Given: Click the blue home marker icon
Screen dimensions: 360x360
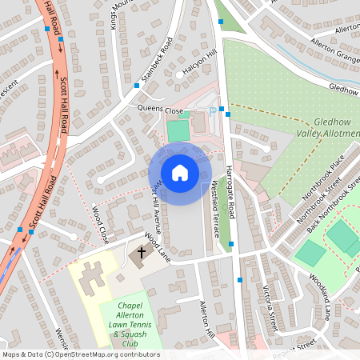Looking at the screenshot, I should (179, 172).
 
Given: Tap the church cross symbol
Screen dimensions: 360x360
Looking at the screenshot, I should (142, 253).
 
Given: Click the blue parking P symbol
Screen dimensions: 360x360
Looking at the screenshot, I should (212, 112).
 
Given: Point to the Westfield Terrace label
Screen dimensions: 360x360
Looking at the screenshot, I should (214, 208).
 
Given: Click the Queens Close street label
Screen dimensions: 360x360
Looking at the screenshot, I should (161, 110).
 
